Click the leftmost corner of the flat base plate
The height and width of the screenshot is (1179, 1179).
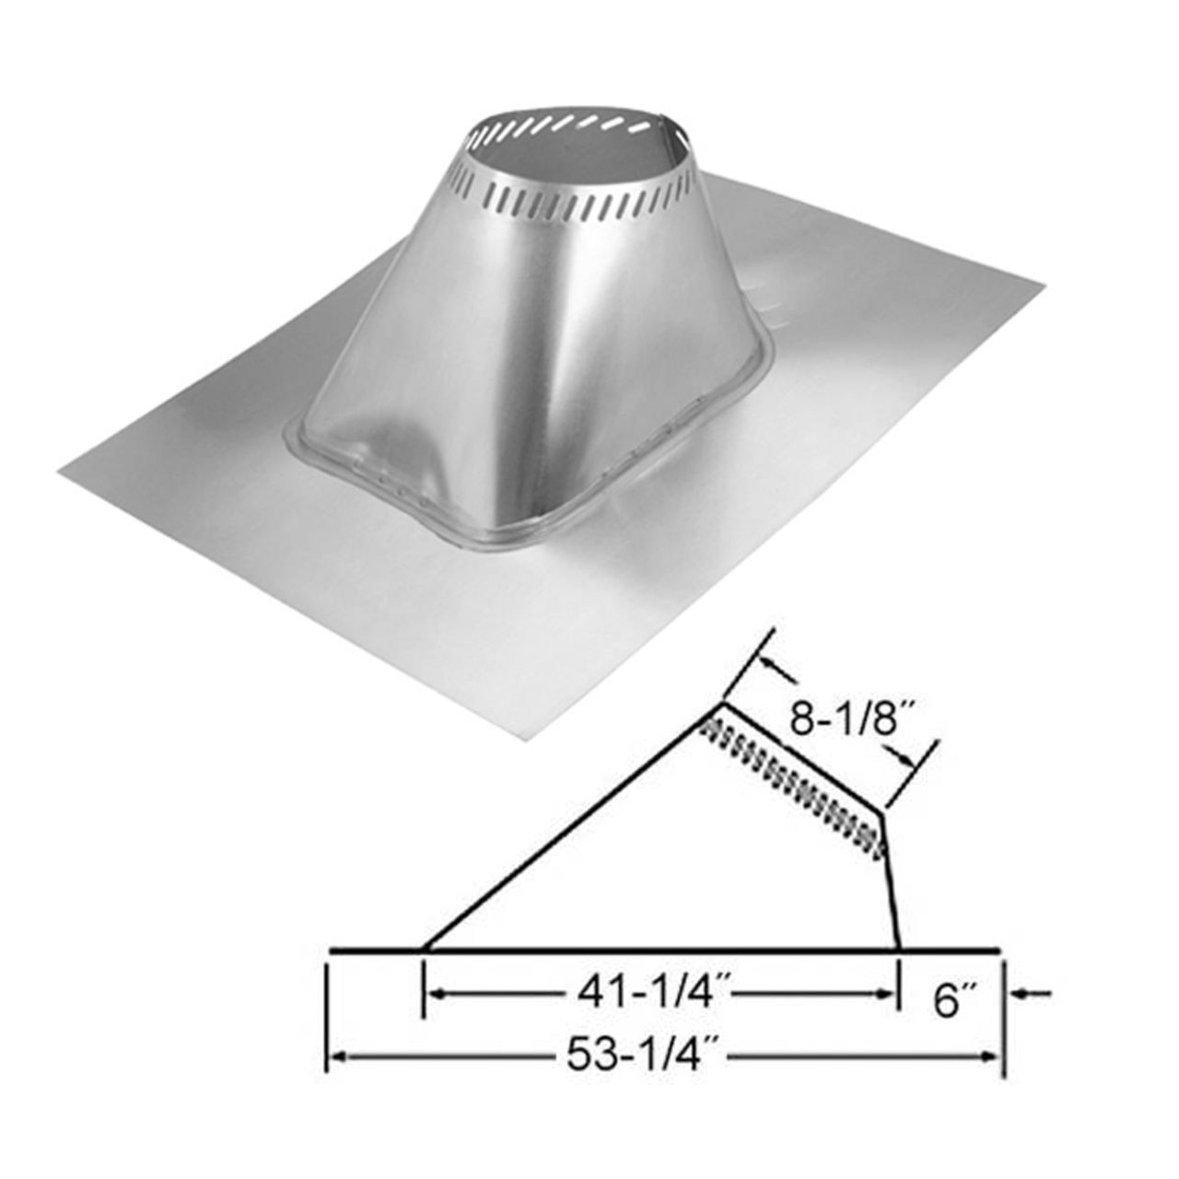(x=61, y=472)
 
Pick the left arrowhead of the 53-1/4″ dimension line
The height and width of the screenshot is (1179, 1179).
(x=337, y=1057)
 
